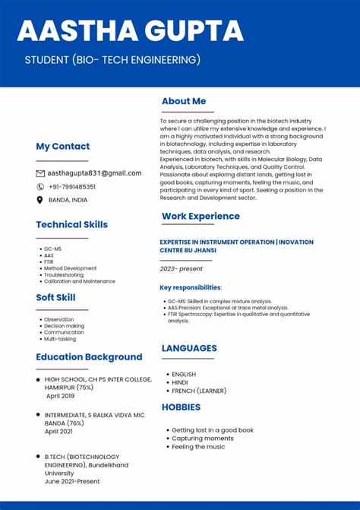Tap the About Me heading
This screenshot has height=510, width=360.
click(x=184, y=101)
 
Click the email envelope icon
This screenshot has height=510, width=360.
click(x=40, y=173)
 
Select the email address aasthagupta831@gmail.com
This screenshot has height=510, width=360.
click(x=95, y=173)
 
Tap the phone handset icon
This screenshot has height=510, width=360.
click(x=40, y=186)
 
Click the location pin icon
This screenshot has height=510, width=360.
click(x=40, y=200)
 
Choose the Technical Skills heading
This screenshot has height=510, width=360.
click(x=71, y=224)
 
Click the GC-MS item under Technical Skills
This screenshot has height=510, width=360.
click(x=52, y=249)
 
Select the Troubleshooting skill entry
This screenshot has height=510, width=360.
click(x=64, y=274)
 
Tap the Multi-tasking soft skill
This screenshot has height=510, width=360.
click(x=60, y=339)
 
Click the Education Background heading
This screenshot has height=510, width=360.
click(x=89, y=356)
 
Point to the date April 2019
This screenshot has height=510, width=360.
click(x=61, y=396)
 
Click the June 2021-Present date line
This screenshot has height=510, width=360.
click(x=72, y=481)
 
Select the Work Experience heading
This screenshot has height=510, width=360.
click(x=201, y=216)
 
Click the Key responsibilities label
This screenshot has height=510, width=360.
click(x=191, y=287)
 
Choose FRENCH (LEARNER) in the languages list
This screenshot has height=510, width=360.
click(x=200, y=391)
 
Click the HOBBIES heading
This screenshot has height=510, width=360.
click(x=182, y=407)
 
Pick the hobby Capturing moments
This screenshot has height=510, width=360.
click(x=203, y=439)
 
